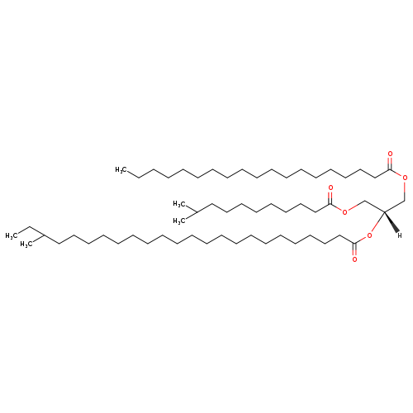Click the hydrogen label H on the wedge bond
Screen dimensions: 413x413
point(400,235)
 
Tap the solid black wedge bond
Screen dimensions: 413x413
point(391,222)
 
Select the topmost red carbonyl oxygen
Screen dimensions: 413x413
point(390,154)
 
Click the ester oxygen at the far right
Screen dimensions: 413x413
point(405,178)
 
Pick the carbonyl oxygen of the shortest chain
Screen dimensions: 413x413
point(330,188)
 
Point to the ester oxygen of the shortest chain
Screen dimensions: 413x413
point(344,211)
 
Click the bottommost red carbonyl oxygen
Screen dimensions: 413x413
point(354,259)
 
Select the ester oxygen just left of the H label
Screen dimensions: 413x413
point(369,235)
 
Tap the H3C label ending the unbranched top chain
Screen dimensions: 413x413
point(121,169)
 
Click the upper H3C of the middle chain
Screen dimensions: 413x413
point(179,204)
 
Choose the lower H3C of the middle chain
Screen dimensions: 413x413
point(179,221)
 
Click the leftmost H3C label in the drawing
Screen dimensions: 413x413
point(12,235)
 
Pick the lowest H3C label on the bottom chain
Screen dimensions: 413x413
point(26,244)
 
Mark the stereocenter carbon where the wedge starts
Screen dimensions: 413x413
point(384,211)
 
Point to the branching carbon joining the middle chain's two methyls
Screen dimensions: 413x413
point(197,212)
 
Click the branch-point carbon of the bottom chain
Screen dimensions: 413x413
point(44,235)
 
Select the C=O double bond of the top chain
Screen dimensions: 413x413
point(390,164)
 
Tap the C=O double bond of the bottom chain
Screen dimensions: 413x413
point(354,249)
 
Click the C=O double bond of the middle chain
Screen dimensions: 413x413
point(330,197)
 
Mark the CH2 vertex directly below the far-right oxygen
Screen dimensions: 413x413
point(405,200)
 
